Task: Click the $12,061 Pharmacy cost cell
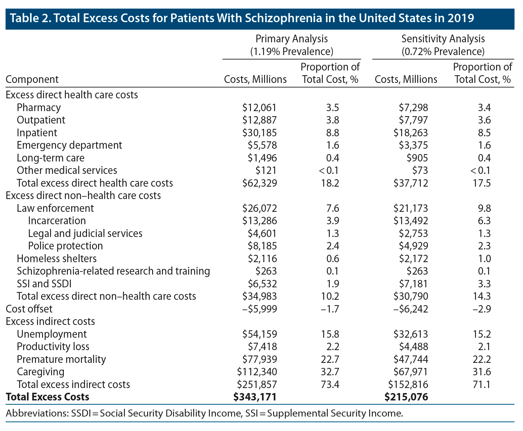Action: coord(259,107)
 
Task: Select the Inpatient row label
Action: coord(37,133)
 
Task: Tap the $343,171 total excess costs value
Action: coord(255,397)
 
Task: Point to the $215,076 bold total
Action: coord(406,397)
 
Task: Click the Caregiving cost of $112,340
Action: coord(257,372)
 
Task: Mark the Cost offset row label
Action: coord(29,309)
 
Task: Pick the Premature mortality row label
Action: coord(61,359)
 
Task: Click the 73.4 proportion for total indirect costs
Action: coord(330,384)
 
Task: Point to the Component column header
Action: coord(32,80)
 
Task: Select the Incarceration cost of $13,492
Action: coord(411,221)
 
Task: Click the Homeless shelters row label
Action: coord(57,258)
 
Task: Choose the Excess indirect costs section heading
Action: coord(50,321)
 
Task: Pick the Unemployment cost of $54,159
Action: coord(260,334)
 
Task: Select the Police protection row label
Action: coord(66,246)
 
